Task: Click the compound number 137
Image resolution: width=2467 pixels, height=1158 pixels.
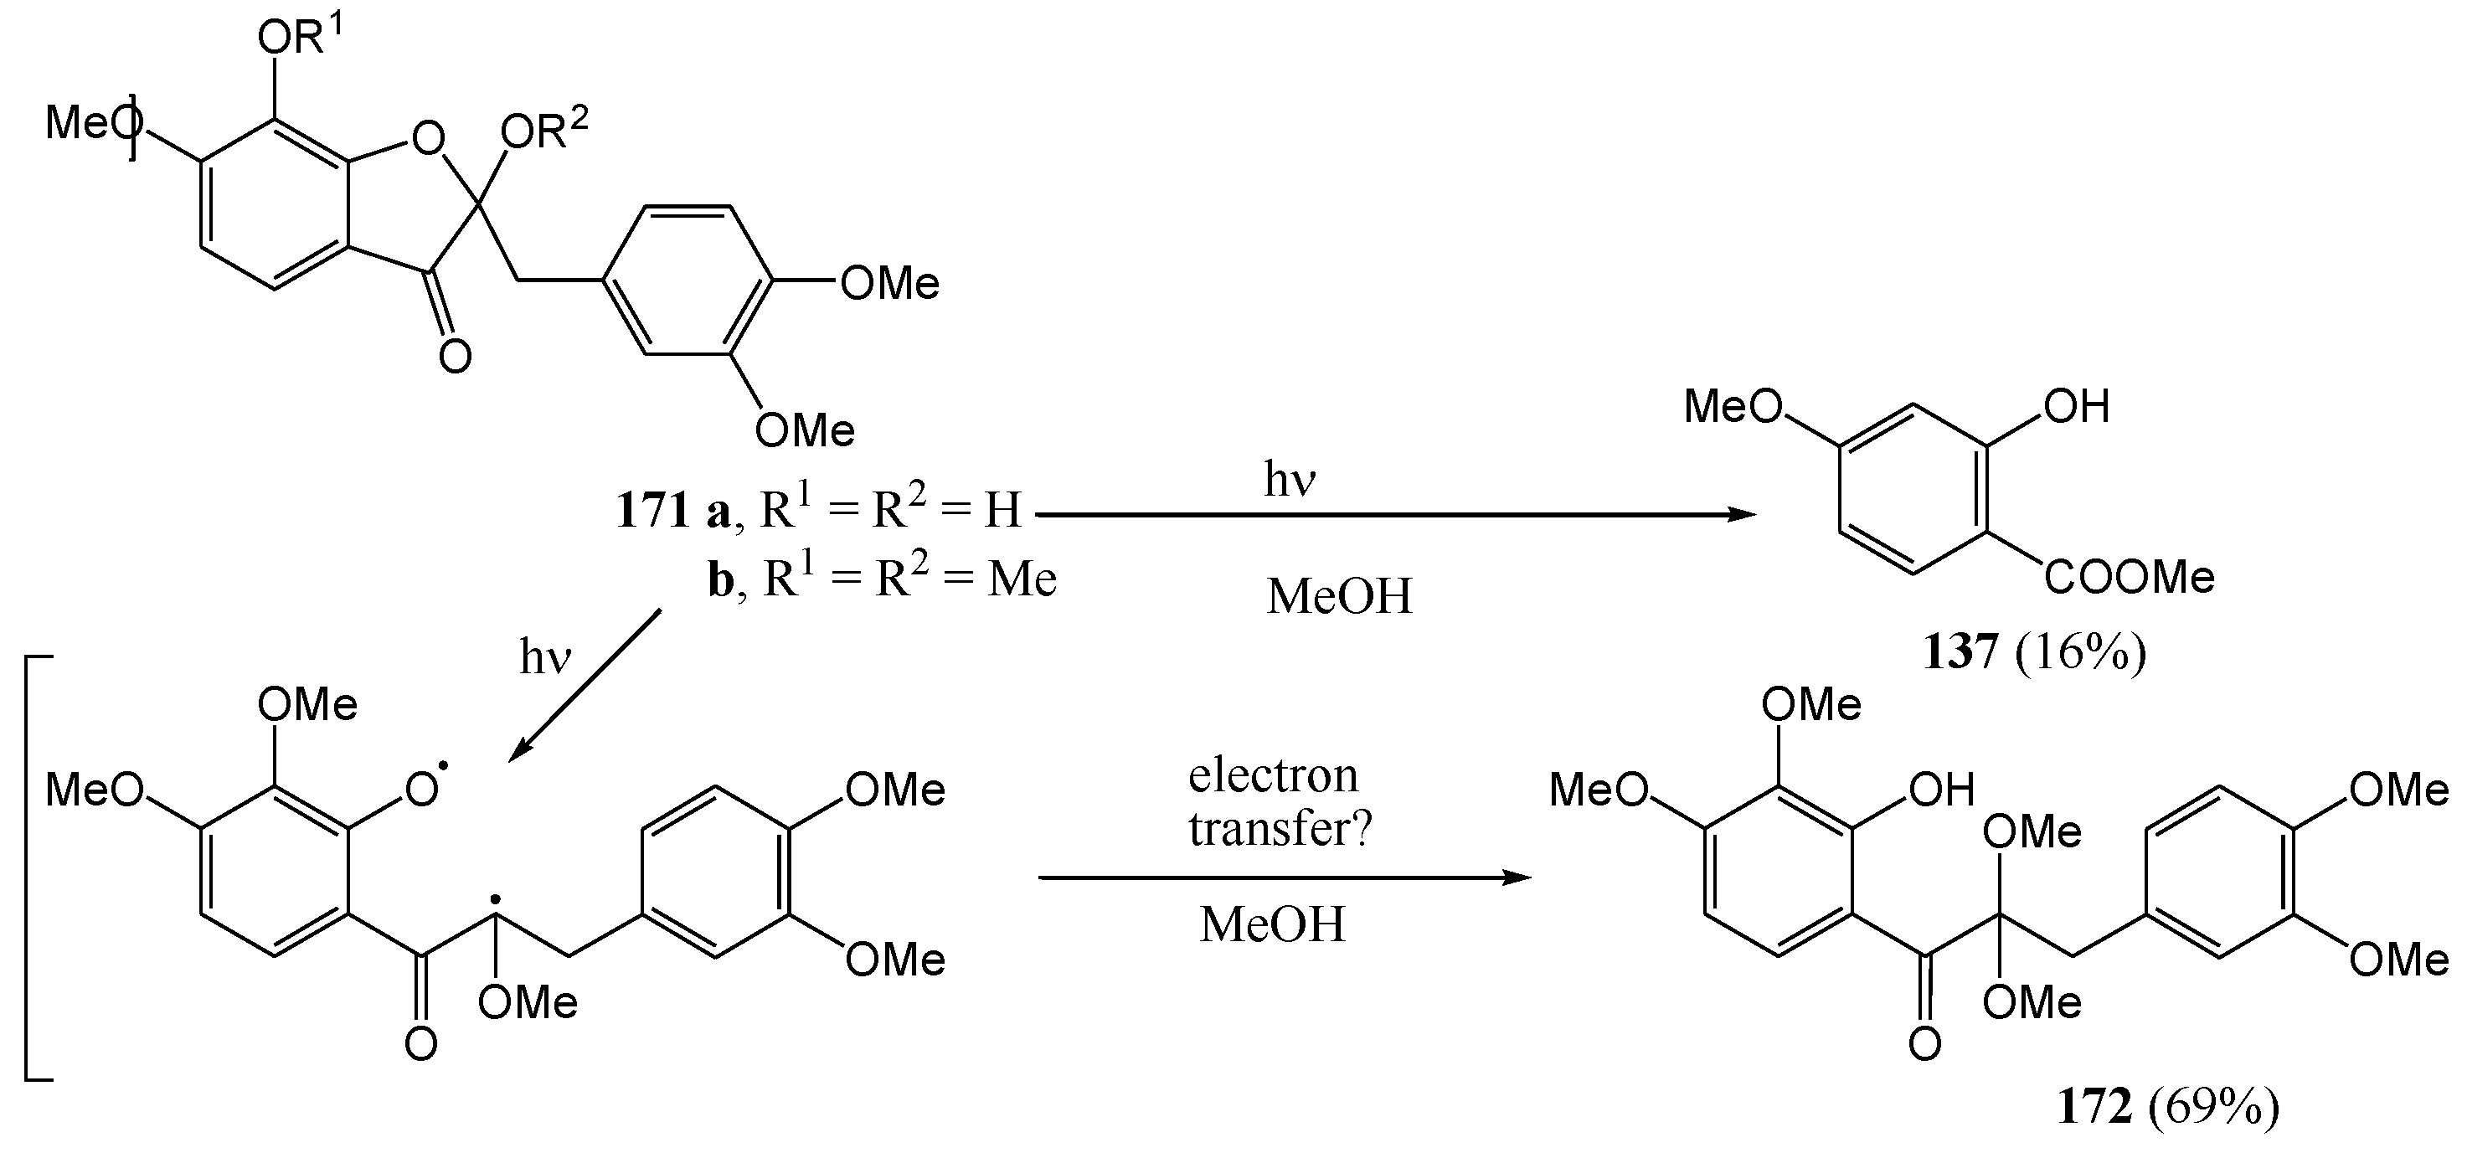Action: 1960,652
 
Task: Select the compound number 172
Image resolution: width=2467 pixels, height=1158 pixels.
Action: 2094,1107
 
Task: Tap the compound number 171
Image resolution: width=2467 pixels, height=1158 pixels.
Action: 653,510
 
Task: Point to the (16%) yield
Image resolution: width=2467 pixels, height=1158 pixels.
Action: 2081,652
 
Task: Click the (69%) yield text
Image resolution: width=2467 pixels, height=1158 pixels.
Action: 2213,1107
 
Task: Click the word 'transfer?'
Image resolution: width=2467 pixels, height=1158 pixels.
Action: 1280,827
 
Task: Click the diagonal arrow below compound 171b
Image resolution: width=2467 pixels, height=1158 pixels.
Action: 585,684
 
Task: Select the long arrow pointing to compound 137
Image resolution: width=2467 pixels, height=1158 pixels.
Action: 1395,515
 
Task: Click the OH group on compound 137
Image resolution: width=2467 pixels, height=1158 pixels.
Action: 2076,407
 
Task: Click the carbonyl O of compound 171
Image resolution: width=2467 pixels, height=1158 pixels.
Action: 455,358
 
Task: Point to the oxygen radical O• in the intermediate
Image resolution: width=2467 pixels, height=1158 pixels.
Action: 421,788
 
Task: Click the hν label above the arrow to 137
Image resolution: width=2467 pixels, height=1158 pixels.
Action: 1289,479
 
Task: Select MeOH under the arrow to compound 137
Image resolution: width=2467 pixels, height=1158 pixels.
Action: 1339,597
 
